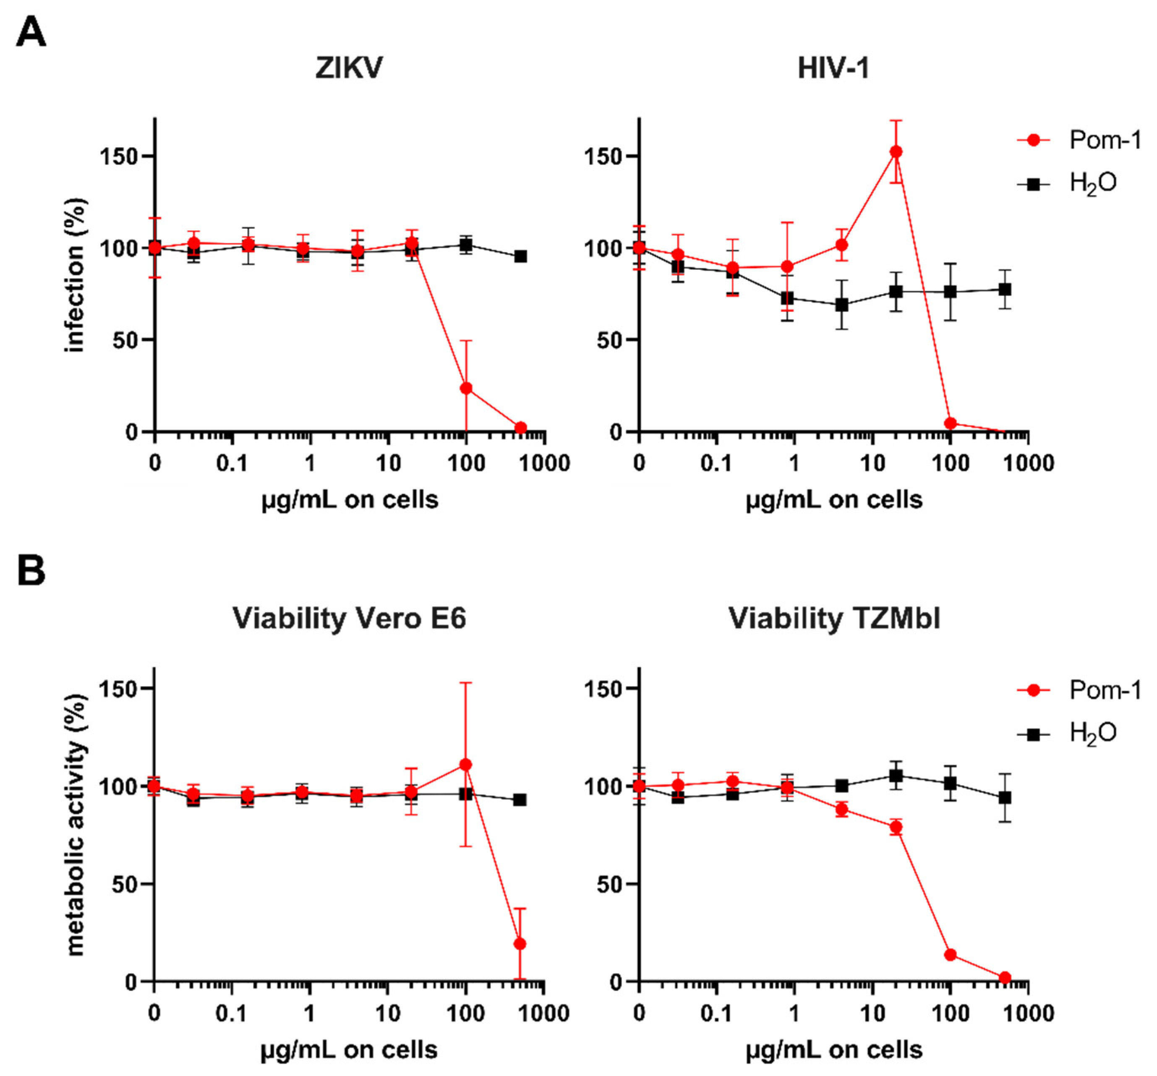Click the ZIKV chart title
349,68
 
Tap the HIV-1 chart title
833,68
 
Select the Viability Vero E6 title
349,618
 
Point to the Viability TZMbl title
833,618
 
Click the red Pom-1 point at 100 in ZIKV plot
465,388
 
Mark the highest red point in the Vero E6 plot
465,765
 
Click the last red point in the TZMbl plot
1005,978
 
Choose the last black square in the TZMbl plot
1005,798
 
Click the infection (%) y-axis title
75,275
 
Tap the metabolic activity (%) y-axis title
75,825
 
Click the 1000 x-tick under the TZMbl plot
1028,1014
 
